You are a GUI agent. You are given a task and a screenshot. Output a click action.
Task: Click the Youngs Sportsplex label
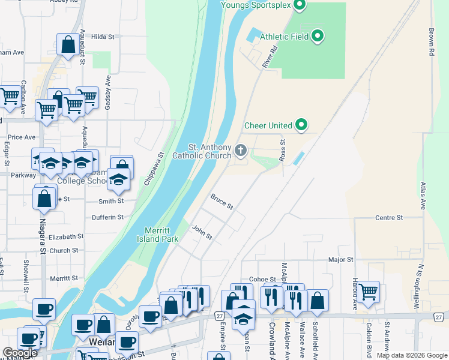tap(256, 5)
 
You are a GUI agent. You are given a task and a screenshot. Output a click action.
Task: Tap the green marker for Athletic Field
tap(319, 37)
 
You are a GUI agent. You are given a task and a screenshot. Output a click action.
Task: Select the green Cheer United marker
tap(302, 125)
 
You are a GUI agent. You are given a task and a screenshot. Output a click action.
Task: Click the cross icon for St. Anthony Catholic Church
tap(241, 150)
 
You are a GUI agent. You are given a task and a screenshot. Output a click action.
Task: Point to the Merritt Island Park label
tap(161, 235)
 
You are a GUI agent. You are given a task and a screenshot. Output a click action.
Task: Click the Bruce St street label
tap(221, 201)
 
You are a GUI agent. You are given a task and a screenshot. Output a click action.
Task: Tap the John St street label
tap(202, 232)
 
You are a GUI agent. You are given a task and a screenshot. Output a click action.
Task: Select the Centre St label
tap(389, 217)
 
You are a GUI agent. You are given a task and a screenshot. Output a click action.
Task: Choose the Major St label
tap(340, 260)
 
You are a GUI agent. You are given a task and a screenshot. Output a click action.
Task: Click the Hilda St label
tap(103, 37)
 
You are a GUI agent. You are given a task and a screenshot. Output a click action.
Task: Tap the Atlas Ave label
tap(423, 195)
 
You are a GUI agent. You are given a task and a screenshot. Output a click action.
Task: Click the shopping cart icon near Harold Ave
tap(369, 291)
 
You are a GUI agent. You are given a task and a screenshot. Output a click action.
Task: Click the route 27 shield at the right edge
tap(440, 316)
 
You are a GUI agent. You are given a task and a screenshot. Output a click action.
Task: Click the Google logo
tap(20, 353)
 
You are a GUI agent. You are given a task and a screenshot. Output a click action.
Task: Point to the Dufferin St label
tap(107, 217)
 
